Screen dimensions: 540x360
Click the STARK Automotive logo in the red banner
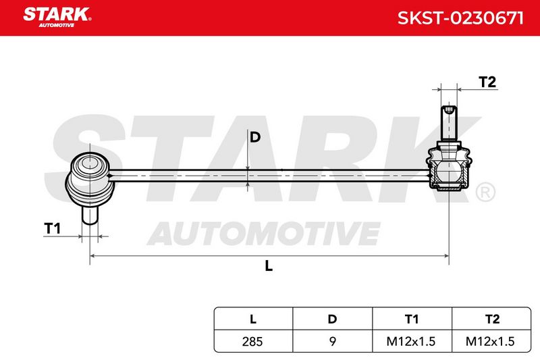(x=57, y=17)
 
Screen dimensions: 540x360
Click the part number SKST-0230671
(x=460, y=18)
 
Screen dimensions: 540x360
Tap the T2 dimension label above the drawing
(x=487, y=82)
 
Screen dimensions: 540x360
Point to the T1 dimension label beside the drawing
(x=53, y=228)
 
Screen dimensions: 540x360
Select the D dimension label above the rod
(x=255, y=137)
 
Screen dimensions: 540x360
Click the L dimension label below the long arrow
(x=269, y=265)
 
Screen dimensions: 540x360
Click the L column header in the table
(x=253, y=319)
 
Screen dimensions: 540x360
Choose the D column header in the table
(x=332, y=319)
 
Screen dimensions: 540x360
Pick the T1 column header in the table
(x=412, y=319)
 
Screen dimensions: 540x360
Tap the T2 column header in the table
(x=492, y=319)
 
